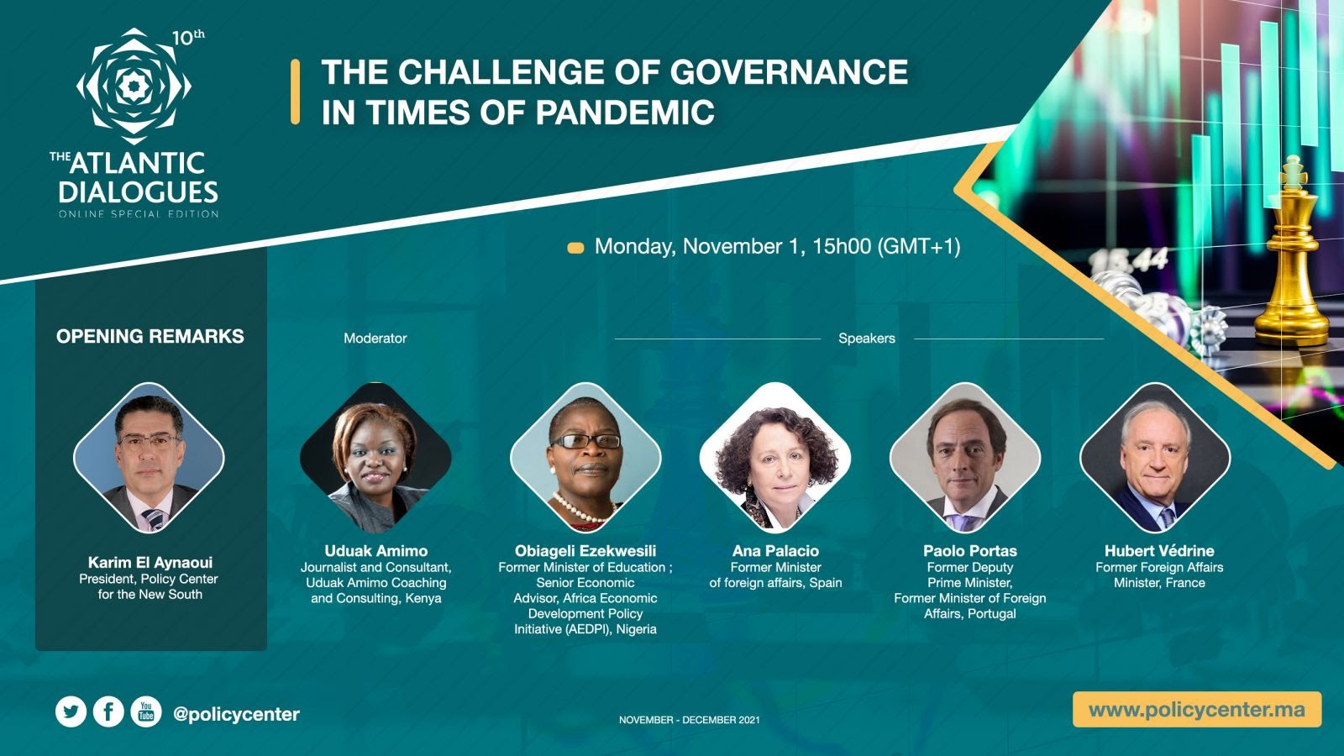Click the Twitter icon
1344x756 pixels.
click(71, 712)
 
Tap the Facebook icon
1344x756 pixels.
click(108, 712)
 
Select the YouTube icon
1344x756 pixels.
click(146, 712)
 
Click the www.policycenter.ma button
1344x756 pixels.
click(1197, 710)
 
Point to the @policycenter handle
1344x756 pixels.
click(236, 714)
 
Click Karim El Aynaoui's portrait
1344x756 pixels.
click(149, 458)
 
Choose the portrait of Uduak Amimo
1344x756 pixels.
click(375, 458)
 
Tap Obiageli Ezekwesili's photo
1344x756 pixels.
click(585, 458)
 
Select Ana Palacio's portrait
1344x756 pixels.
click(775, 458)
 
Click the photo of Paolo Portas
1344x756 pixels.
click(965, 458)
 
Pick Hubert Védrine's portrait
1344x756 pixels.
click(1155, 458)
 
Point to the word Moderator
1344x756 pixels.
click(375, 339)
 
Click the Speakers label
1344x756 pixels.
click(866, 339)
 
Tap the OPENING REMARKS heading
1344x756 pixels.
click(150, 336)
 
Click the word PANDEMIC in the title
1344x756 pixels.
click(625, 113)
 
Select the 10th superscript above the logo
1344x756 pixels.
click(188, 38)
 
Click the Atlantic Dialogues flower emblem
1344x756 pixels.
click(134, 86)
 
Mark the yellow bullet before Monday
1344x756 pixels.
click(575, 248)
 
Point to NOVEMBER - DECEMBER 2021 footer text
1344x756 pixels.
click(690, 720)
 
